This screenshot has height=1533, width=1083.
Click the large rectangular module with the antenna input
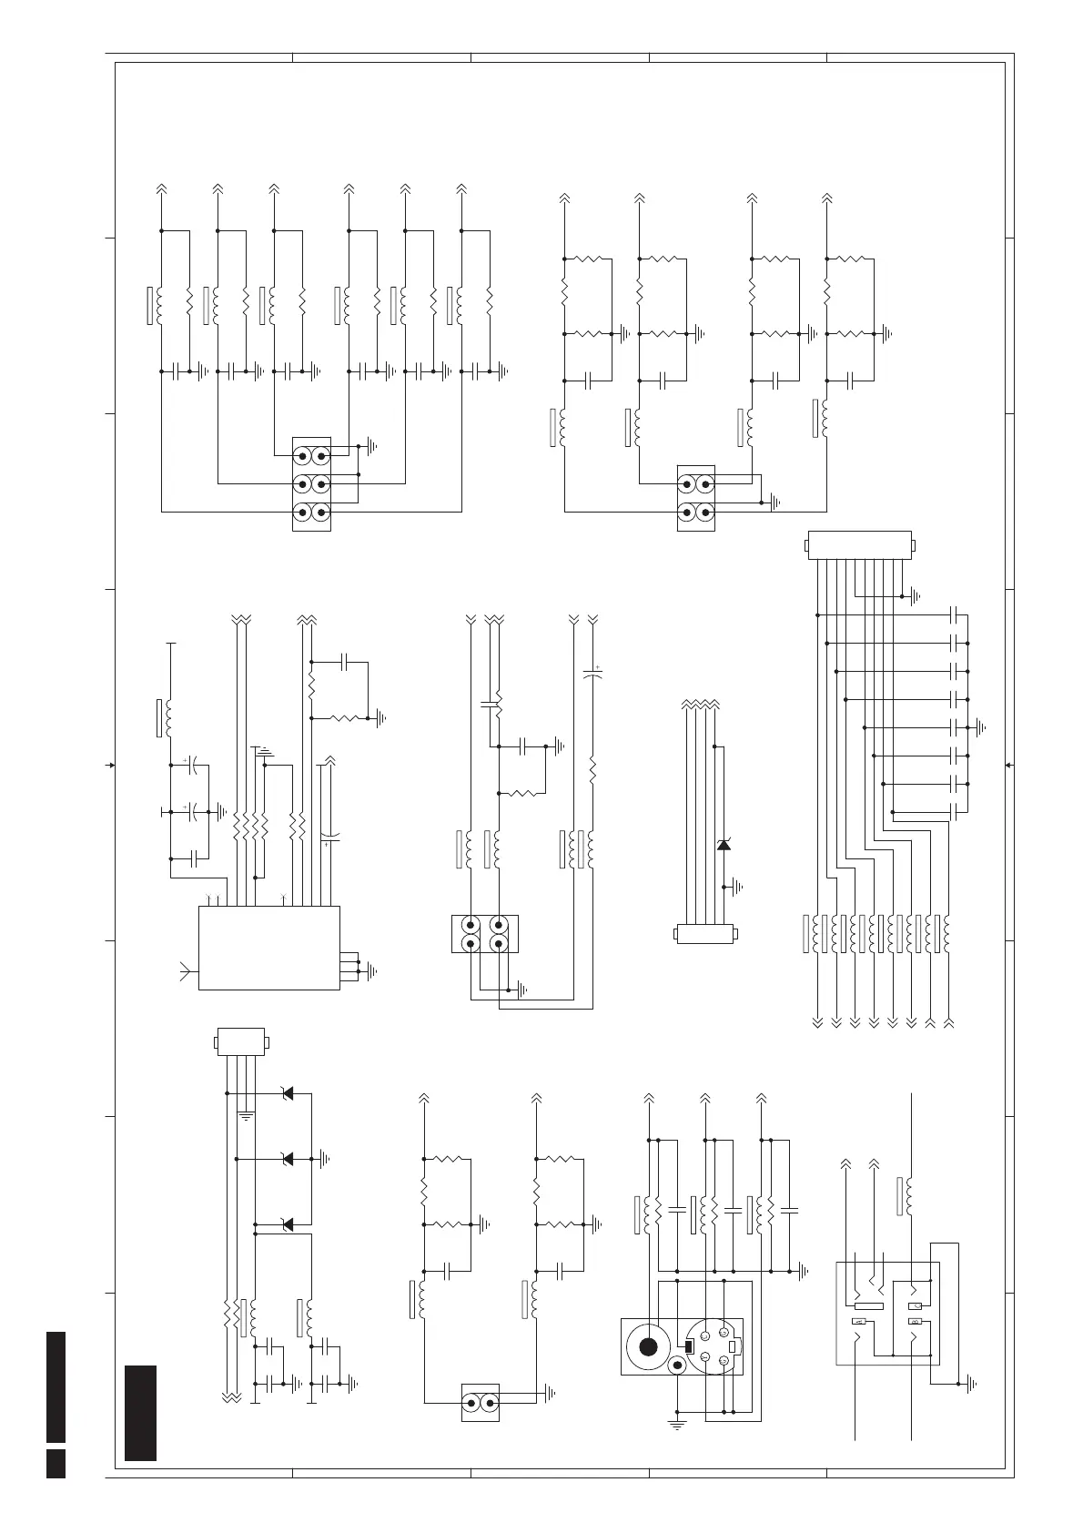click(268, 947)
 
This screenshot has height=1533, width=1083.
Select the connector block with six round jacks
click(310, 483)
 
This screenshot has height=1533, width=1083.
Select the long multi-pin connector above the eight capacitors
click(860, 544)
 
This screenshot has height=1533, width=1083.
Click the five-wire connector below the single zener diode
click(705, 934)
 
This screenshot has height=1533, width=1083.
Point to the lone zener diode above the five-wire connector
click(724, 845)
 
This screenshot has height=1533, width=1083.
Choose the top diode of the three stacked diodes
click(288, 1092)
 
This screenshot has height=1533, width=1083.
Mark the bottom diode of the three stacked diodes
click(288, 1224)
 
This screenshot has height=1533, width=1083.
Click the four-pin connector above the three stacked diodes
click(240, 1041)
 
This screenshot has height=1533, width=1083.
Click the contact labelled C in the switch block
click(916, 1306)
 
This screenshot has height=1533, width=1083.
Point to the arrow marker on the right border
click(1009, 765)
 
